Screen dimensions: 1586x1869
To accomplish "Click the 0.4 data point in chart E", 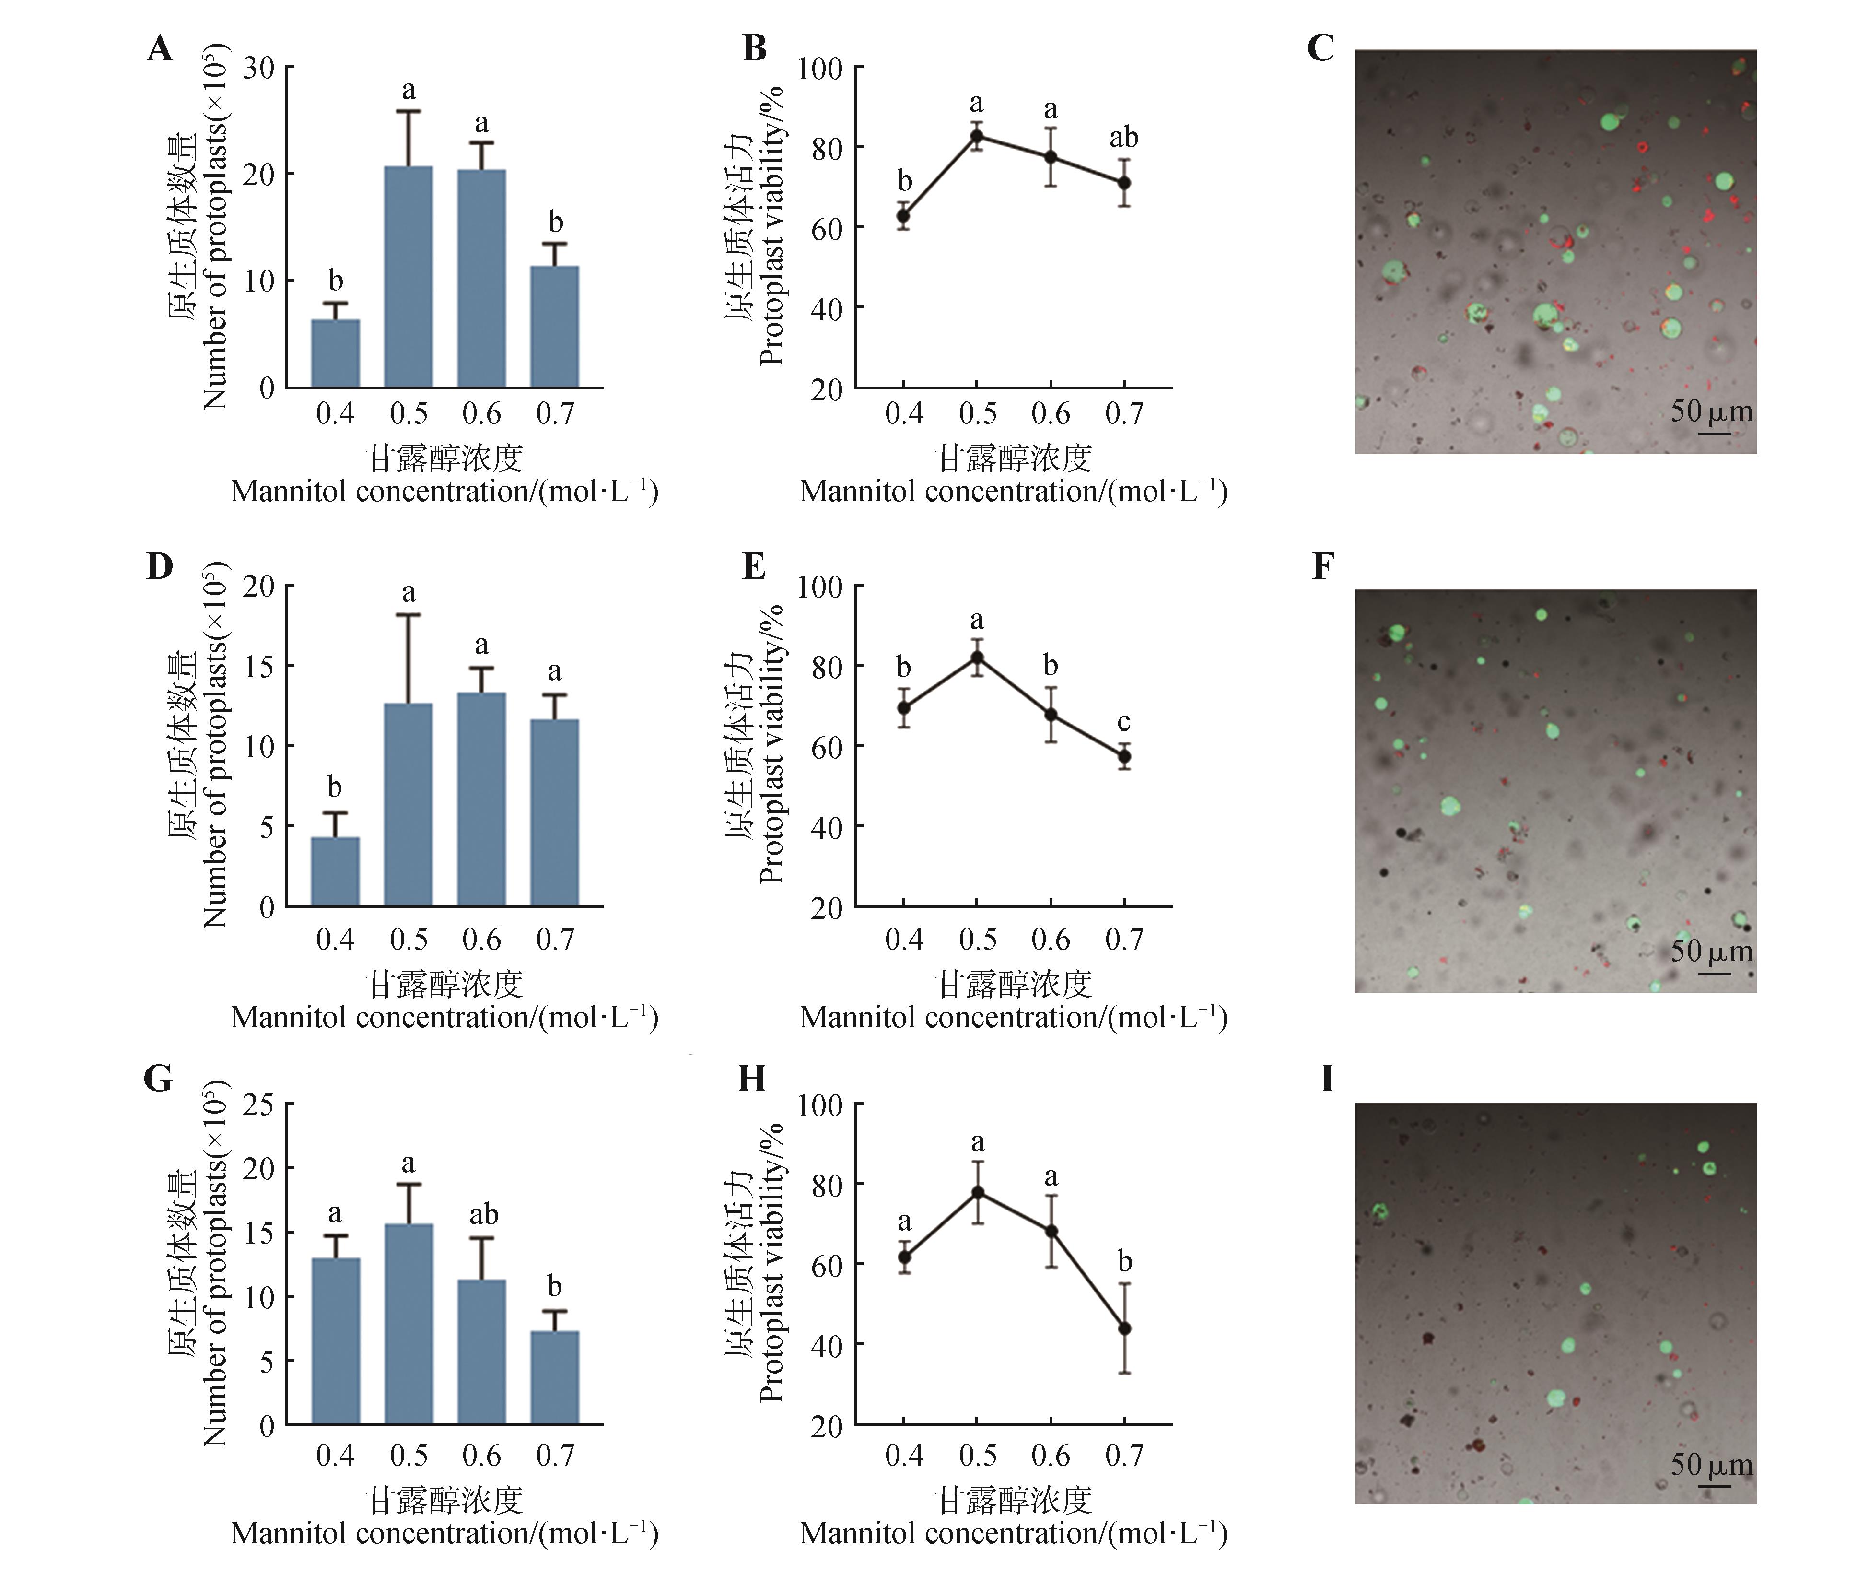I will click(x=903, y=707).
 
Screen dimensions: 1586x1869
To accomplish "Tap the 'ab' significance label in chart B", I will click(x=1124, y=138).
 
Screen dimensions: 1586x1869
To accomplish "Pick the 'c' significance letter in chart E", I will click(x=1124, y=722).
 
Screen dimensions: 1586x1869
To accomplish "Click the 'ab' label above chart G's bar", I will click(x=483, y=1215).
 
